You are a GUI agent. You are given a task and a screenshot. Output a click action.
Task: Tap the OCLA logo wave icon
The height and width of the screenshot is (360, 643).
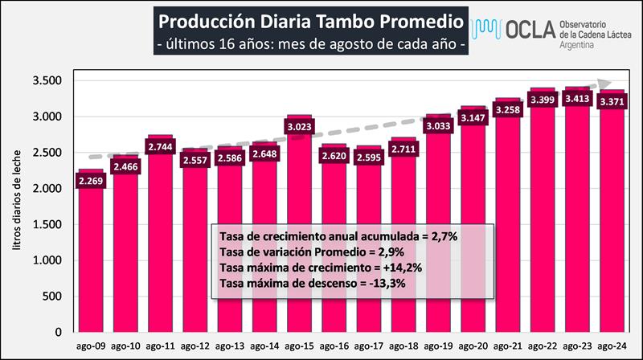pos(489,30)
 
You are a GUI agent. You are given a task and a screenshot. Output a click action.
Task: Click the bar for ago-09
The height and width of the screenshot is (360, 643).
pos(90,257)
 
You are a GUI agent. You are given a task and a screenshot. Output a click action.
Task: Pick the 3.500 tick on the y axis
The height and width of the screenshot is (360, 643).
pos(49,80)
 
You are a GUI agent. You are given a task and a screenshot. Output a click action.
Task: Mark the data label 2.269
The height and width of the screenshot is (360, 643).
pos(90,181)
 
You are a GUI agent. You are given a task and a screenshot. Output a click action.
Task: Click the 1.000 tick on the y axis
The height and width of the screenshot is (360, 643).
pos(49,260)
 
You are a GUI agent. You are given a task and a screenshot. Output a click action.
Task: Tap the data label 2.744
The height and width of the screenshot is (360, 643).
pos(159,146)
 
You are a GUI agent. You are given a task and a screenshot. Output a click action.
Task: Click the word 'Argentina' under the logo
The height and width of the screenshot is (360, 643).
pos(578,47)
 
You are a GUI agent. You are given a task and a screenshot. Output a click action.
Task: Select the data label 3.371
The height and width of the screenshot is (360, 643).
pos(610,102)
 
